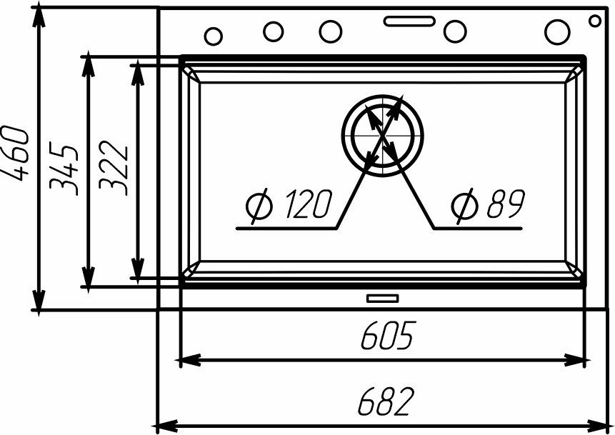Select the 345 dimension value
(64, 169)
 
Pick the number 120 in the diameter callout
(305, 206)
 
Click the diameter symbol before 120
(258, 206)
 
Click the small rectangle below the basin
(382, 297)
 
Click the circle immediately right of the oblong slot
(453, 31)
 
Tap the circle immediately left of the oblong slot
(330, 30)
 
